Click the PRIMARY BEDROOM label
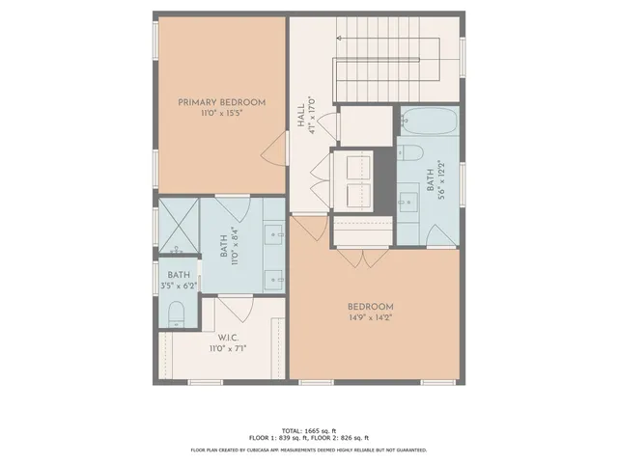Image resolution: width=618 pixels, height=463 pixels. point(221,102)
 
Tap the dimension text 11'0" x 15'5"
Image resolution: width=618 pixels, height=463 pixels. point(221,114)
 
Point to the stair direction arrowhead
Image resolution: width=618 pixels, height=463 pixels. point(340,38)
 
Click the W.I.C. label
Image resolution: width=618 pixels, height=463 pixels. point(228,338)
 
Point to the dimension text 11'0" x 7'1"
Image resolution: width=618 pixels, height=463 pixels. point(228,349)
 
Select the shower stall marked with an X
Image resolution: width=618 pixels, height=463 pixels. point(178,225)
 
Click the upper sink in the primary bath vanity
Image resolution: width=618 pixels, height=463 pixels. point(274,232)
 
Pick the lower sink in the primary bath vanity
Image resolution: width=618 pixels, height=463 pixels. point(274,279)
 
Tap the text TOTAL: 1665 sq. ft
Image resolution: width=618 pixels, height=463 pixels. point(308,430)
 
